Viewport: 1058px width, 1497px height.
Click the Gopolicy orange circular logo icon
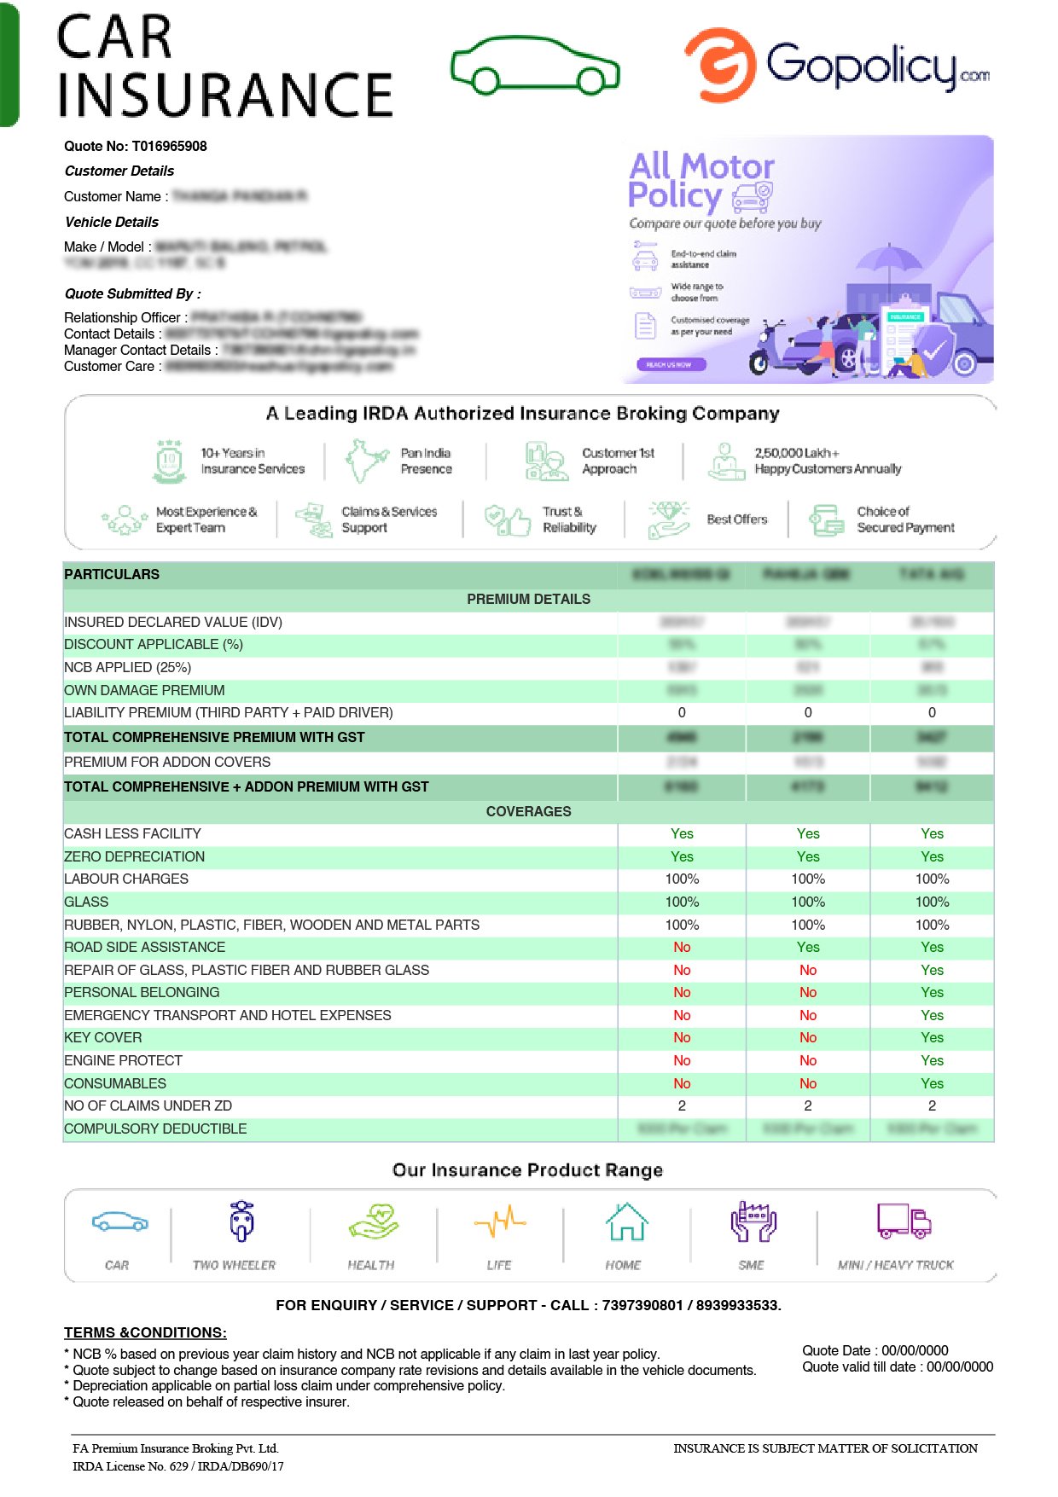pyautogui.click(x=721, y=65)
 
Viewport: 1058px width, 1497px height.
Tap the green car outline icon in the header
pyautogui.click(x=535, y=66)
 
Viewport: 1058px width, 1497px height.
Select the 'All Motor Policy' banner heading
pyautogui.click(x=700, y=180)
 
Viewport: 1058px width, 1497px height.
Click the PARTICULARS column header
pyautogui.click(x=112, y=575)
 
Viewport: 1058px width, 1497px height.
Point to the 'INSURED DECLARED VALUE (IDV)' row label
pyautogui.click(x=173, y=623)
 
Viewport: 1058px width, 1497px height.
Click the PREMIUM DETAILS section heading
pyautogui.click(x=528, y=600)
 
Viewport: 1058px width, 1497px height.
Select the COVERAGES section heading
pyautogui.click(x=528, y=812)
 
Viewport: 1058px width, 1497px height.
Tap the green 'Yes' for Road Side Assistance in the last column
pyautogui.click(x=932, y=948)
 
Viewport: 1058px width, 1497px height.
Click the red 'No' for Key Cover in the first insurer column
pyautogui.click(x=682, y=1038)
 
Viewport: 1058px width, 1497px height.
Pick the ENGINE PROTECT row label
pyautogui.click(x=124, y=1061)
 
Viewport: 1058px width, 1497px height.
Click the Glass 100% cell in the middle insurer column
pyautogui.click(x=808, y=902)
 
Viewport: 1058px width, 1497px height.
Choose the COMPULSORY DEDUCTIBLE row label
pyautogui.click(x=155, y=1129)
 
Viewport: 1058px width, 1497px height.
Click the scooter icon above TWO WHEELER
pyautogui.click(x=242, y=1222)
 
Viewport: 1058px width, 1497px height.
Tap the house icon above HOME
pyautogui.click(x=626, y=1222)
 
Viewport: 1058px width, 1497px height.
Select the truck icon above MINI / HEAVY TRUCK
pyautogui.click(x=904, y=1221)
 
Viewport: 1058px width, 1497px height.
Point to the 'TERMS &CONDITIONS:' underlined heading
pyautogui.click(x=145, y=1333)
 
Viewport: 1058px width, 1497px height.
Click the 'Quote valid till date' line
pyautogui.click(x=897, y=1367)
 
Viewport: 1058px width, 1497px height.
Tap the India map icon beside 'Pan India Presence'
pyautogui.click(x=366, y=461)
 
